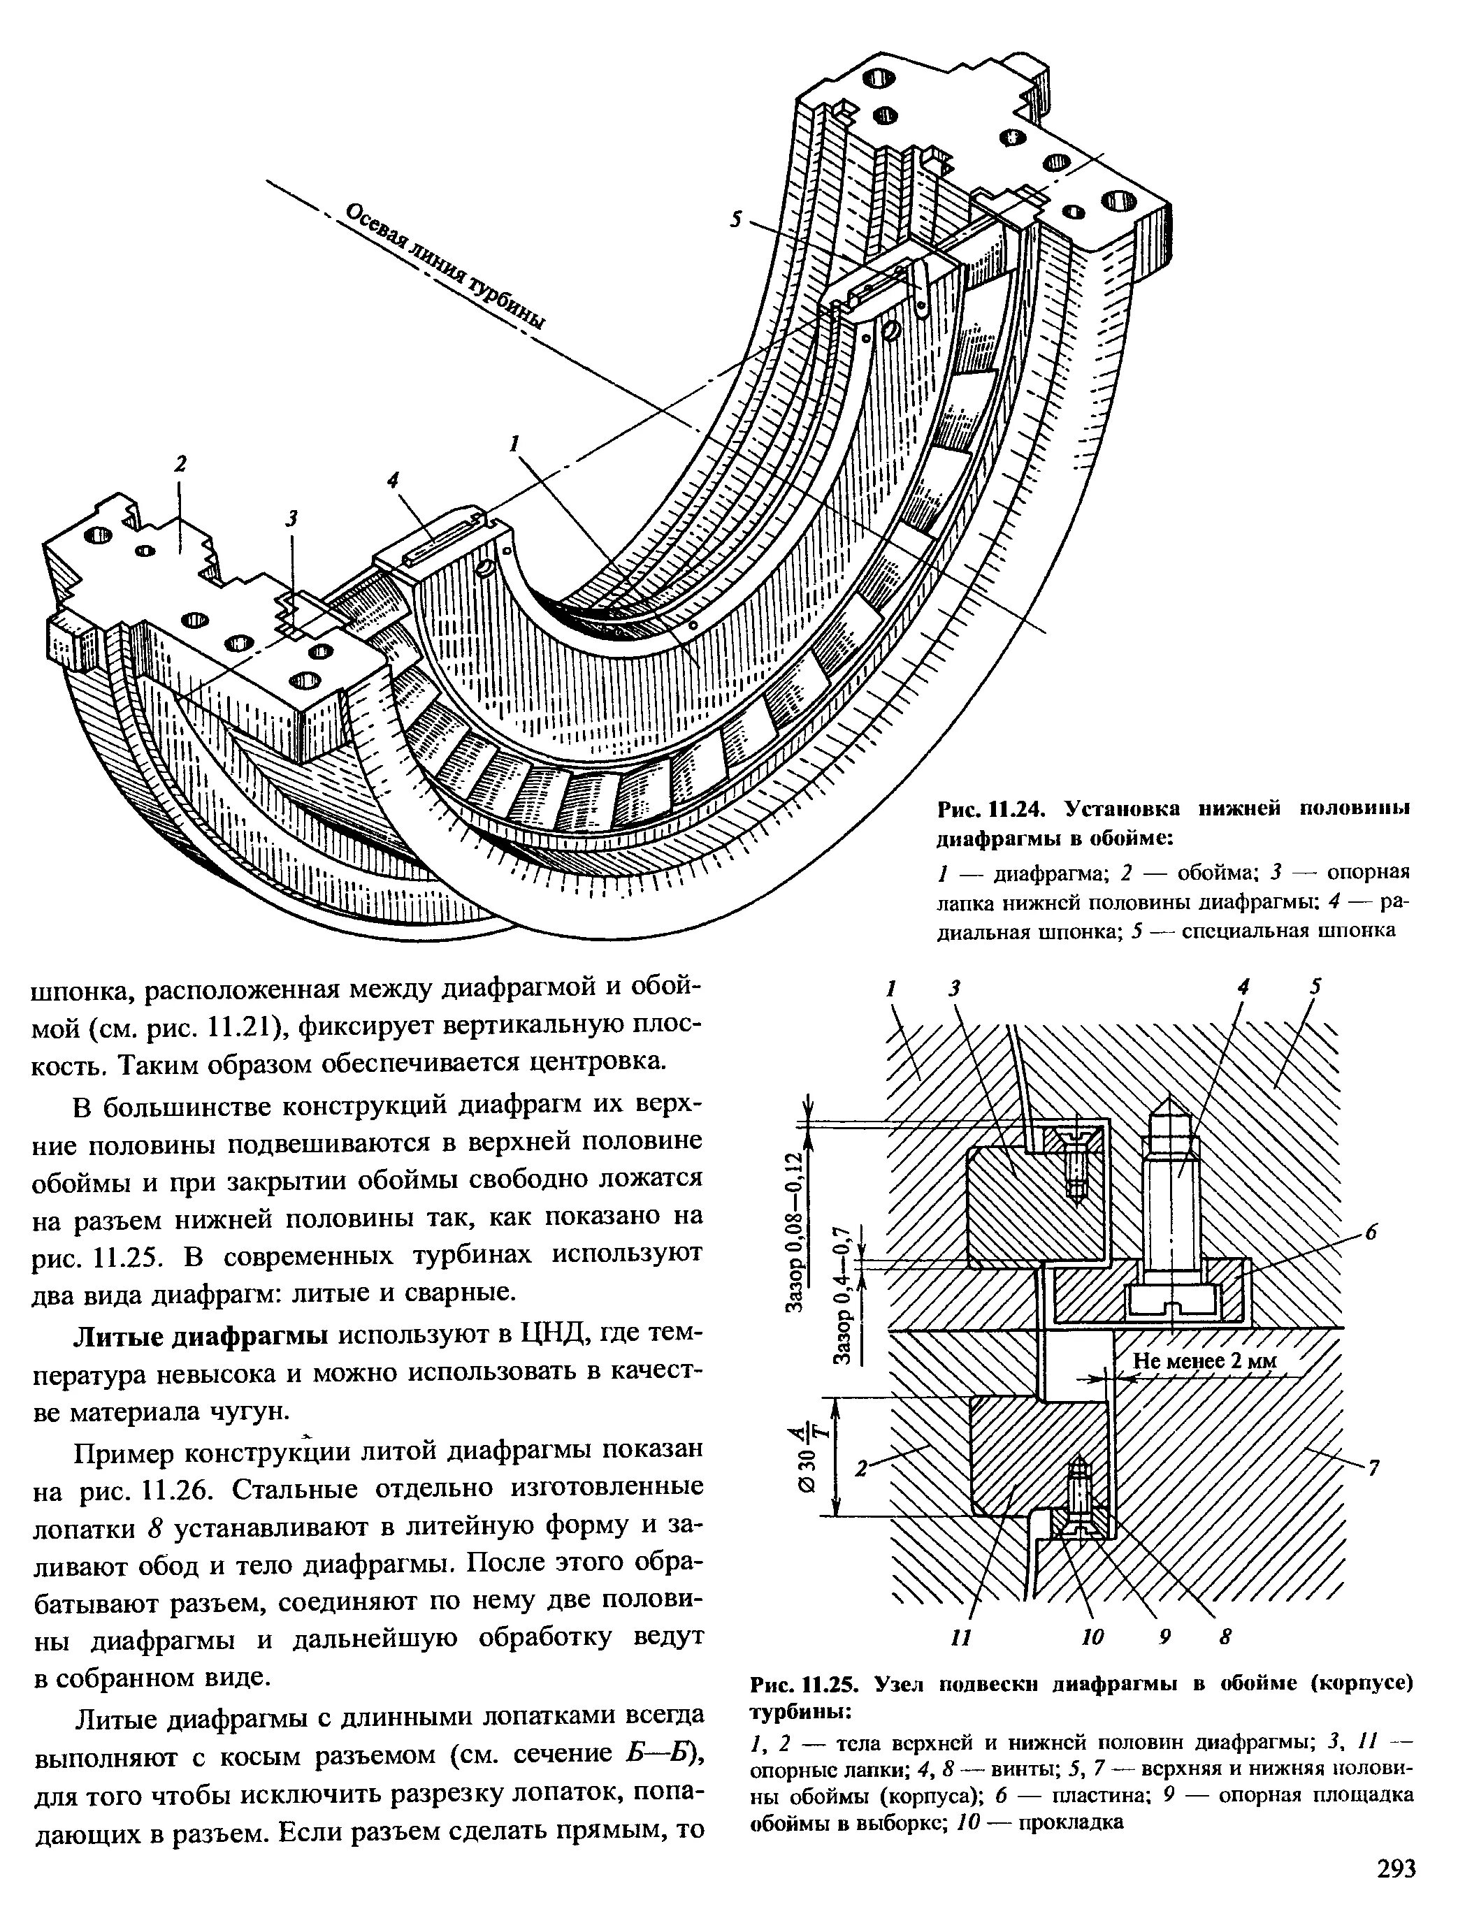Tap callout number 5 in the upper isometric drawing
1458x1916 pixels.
pyautogui.click(x=737, y=220)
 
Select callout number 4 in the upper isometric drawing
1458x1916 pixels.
pyautogui.click(x=393, y=480)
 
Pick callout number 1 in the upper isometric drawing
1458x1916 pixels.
pyautogui.click(x=514, y=444)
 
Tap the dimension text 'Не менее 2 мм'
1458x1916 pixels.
pyautogui.click(x=1206, y=1360)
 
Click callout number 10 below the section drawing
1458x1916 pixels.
pyautogui.click(x=1092, y=1637)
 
